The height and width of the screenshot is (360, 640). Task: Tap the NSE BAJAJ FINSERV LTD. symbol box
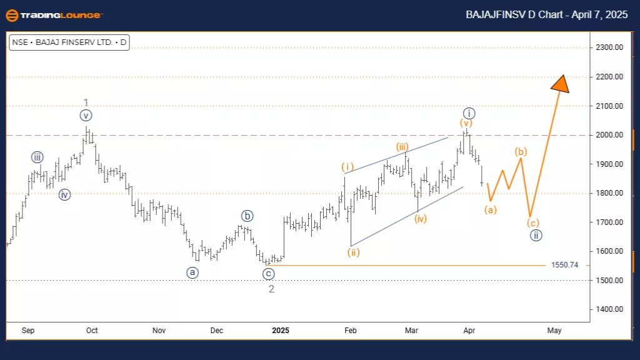point(69,43)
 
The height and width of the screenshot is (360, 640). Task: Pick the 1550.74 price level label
point(565,265)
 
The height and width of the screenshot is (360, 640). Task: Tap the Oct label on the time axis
point(92,330)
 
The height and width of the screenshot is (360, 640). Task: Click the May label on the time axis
point(554,330)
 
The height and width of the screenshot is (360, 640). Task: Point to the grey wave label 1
point(86,102)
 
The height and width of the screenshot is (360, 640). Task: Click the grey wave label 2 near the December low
point(271,289)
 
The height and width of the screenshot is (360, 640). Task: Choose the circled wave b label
point(247,216)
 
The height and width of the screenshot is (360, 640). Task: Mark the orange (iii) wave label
point(401,147)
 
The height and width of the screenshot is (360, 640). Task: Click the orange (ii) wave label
point(354,253)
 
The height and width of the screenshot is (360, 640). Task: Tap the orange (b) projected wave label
point(521,152)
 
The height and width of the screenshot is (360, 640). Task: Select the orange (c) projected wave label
point(532,222)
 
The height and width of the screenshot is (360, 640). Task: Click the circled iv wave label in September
point(65,194)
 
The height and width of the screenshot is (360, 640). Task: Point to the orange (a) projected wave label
point(491,209)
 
